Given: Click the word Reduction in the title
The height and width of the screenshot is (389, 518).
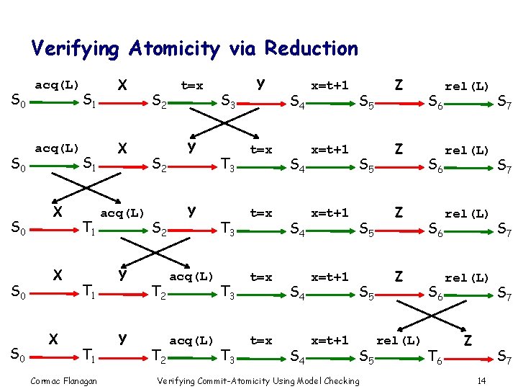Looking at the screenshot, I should tap(312, 49).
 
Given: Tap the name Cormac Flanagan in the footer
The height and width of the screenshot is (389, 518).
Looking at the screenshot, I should tap(65, 380).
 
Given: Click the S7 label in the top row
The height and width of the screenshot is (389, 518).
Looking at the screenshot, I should tap(505, 103).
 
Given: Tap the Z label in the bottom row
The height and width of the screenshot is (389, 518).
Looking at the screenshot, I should tap(468, 339).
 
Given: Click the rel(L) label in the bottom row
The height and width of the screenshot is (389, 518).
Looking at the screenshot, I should tap(399, 339).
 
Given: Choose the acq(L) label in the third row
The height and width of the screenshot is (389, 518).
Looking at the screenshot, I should tap(122, 213).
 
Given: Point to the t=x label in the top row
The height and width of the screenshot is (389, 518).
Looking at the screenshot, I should tap(191, 86).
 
